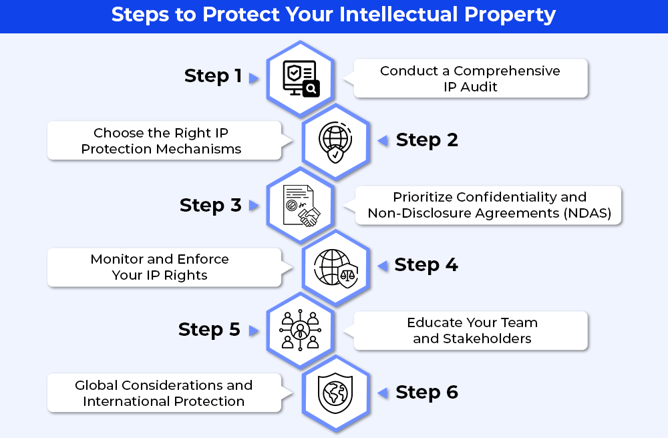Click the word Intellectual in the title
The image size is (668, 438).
tap(399, 15)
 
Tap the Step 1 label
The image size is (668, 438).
tap(213, 76)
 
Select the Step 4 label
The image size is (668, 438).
tap(426, 265)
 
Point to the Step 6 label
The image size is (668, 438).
tap(427, 393)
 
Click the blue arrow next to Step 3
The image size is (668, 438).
tap(254, 206)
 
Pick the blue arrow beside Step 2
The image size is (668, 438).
tap(383, 140)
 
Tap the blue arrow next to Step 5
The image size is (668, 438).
tap(254, 331)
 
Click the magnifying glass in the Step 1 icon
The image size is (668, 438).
tap(311, 89)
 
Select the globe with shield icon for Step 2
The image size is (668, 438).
tap(335, 142)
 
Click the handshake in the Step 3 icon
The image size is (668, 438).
tap(310, 216)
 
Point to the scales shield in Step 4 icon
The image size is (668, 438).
tap(347, 274)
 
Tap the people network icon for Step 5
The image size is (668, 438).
tap(301, 330)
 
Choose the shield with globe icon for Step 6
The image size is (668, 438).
tap(335, 393)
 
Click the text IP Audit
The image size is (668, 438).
tap(470, 87)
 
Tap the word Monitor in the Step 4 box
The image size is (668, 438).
tap(117, 259)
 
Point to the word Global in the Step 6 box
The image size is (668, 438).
tap(96, 386)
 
